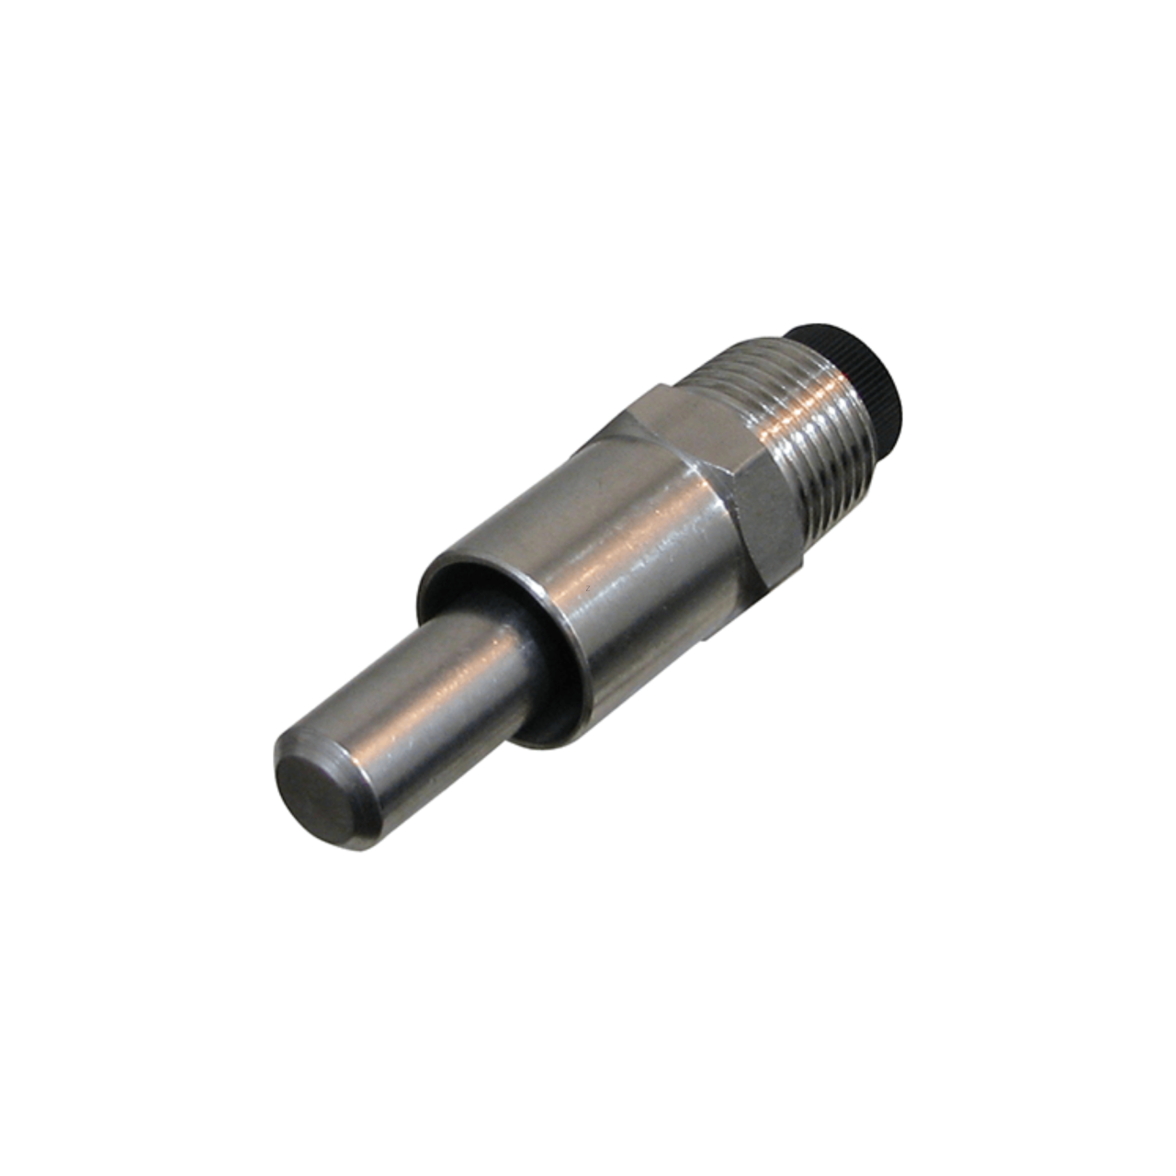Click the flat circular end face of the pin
pyautogui.click(x=317, y=797)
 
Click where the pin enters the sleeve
pyautogui.click(x=533, y=680)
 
